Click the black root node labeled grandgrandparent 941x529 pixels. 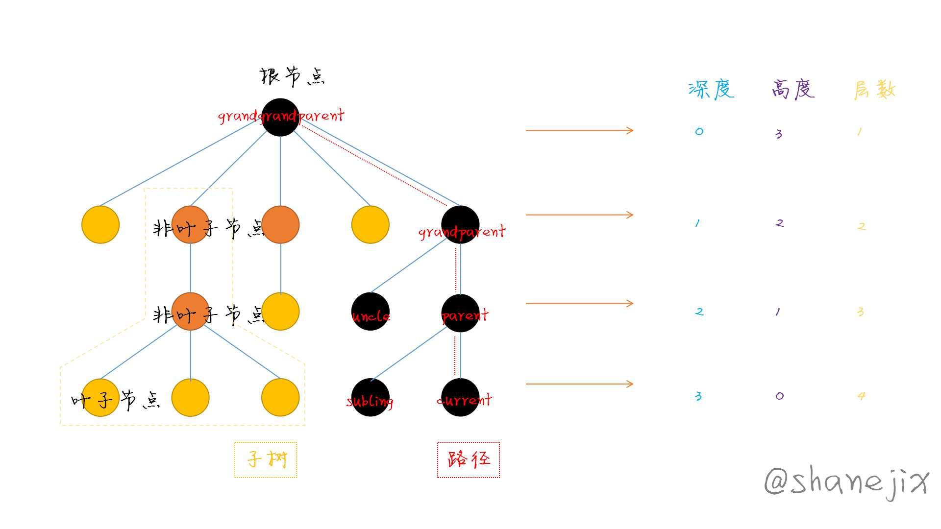pyautogui.click(x=280, y=117)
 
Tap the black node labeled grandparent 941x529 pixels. pyautogui.click(x=460, y=224)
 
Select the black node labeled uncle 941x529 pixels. pyautogui.click(x=371, y=312)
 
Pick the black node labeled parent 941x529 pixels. pyautogui.click(x=460, y=313)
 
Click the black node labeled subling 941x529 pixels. pyautogui.click(x=371, y=397)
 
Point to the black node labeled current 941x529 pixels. pyautogui.click(x=460, y=397)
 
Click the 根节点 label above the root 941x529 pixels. pyautogui.click(x=292, y=77)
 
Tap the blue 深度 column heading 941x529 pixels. pyautogui.click(x=711, y=89)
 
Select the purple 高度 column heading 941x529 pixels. pyautogui.click(x=793, y=89)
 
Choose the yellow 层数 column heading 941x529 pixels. pyautogui.click(x=875, y=90)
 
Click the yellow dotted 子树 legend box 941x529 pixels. pyautogui.click(x=266, y=459)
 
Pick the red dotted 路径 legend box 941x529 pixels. pyautogui.click(x=469, y=459)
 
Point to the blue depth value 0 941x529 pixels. pyautogui.click(x=699, y=131)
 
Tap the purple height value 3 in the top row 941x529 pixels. pyautogui.click(x=779, y=134)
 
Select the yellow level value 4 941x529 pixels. pyautogui.click(x=861, y=396)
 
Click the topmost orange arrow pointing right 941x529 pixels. pyautogui.click(x=580, y=130)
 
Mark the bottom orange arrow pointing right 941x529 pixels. pyautogui.click(x=580, y=384)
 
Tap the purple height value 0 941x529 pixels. pyautogui.click(x=780, y=396)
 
